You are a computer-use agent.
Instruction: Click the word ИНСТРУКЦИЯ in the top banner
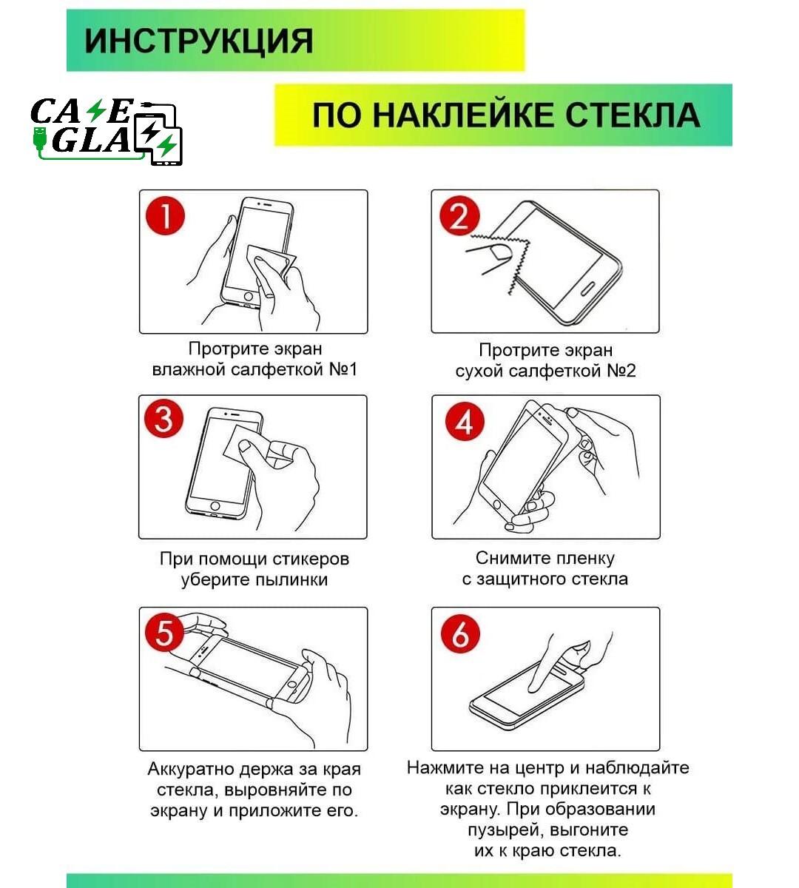coord(198,41)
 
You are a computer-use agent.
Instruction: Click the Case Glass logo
coord(106,131)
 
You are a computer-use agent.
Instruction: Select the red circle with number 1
coord(165,215)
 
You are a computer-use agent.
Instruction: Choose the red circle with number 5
coord(164,633)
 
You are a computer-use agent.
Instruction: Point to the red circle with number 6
coord(460,634)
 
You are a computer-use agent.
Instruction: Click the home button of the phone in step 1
coord(248,297)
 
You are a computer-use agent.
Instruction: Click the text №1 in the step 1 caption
coord(343,369)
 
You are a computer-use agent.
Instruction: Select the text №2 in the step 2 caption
coord(621,371)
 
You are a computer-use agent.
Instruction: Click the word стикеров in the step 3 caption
coord(311,559)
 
